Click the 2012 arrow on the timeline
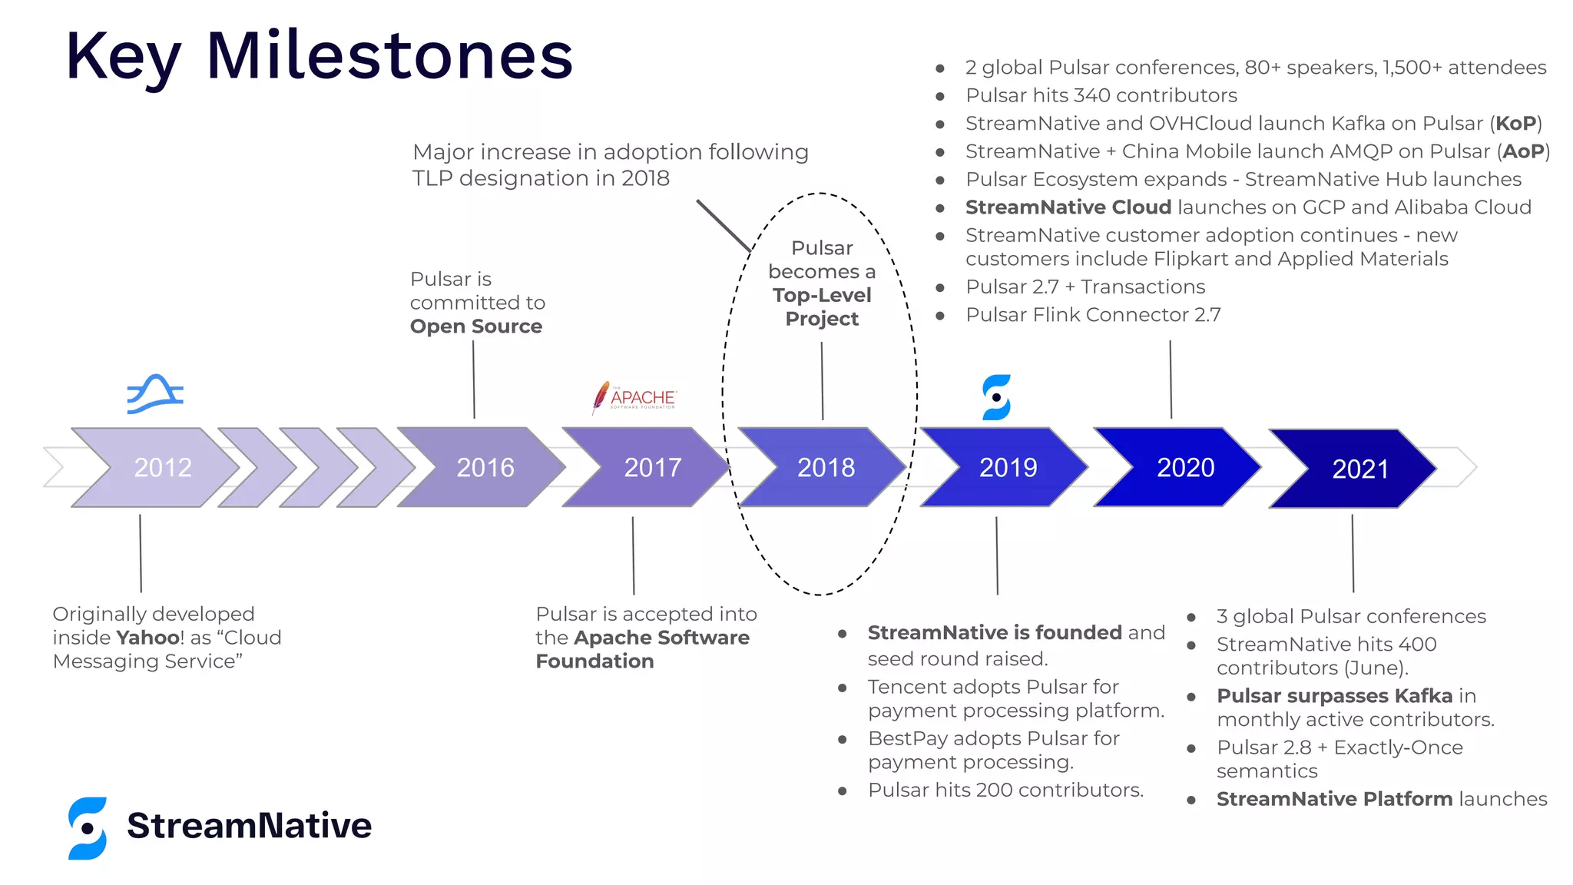pos(157,467)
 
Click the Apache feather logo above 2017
pos(601,397)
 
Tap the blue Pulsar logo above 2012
pos(155,394)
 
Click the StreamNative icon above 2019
pos(996,397)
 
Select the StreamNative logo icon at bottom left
pos(88,827)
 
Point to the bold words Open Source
pos(475,326)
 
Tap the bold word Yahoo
pos(147,638)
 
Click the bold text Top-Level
pos(822,296)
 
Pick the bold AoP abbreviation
pos(1522,151)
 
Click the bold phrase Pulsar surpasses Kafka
pos(1334,696)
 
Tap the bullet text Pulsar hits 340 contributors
pos(1101,95)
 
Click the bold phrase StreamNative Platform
pos(1334,799)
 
